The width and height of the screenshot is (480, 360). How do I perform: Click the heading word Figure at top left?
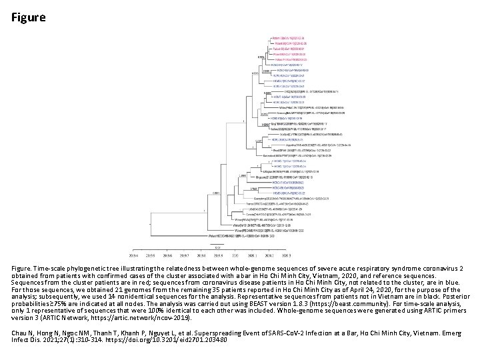pyautogui.click(x=29, y=17)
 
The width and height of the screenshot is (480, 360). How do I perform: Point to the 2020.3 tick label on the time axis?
pyautogui.click(x=287, y=255)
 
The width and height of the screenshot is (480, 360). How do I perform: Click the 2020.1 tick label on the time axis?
pyautogui.click(x=253, y=255)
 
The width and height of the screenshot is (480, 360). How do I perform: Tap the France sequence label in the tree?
pyautogui.click(x=273, y=203)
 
